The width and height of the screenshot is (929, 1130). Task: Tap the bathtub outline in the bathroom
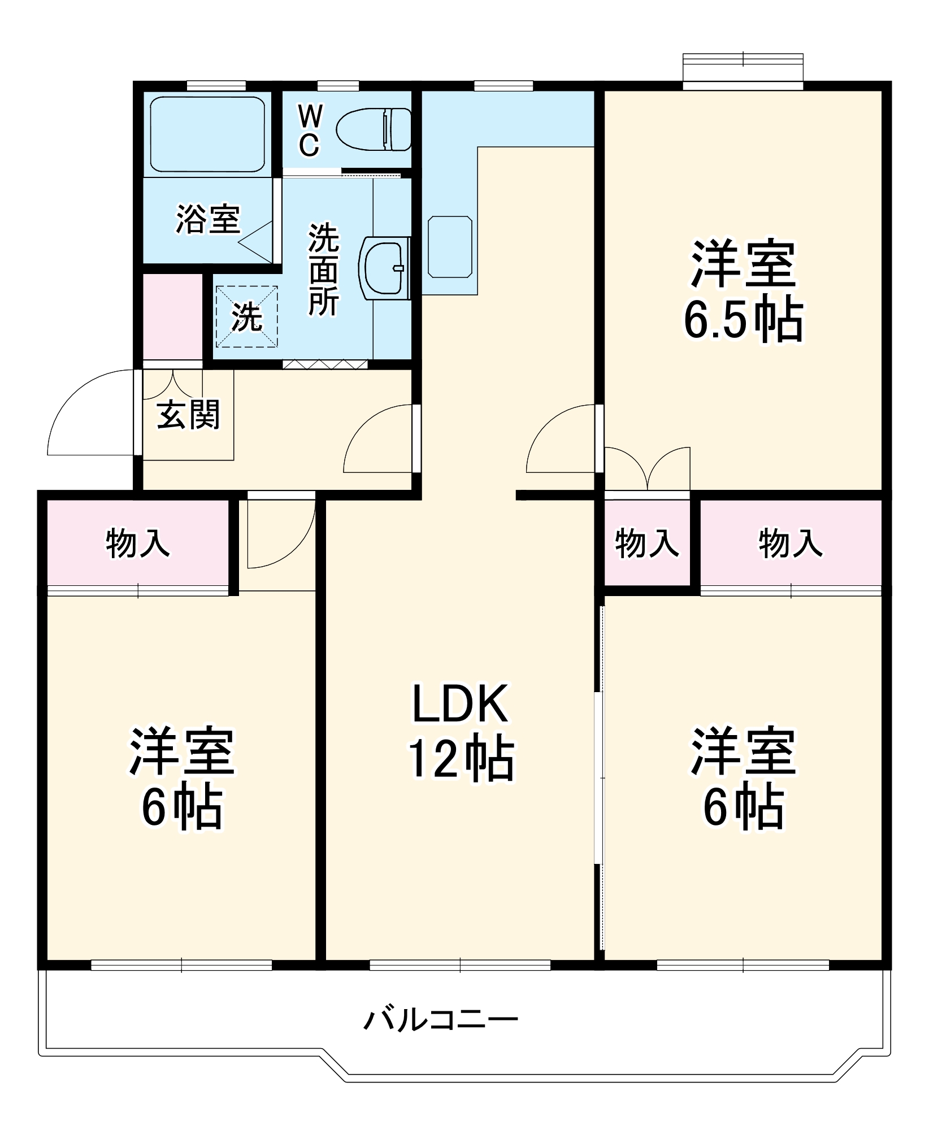[207, 134]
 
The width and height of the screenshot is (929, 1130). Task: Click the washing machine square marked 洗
[246, 316]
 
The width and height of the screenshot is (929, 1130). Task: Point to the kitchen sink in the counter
[450, 247]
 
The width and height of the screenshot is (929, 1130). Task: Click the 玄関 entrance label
[188, 415]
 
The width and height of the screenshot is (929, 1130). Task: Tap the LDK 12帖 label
[461, 732]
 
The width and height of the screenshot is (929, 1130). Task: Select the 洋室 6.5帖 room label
[743, 291]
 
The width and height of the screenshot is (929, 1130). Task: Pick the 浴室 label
[208, 219]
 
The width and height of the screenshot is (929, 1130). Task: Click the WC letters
[310, 132]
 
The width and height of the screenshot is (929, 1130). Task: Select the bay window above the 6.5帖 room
[743, 69]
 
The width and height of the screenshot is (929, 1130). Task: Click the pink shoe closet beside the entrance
[172, 316]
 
